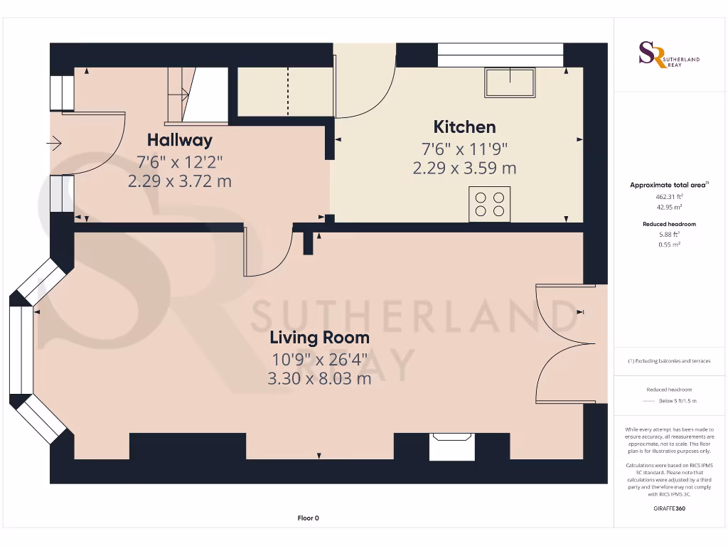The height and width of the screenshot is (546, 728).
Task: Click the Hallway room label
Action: [x=179, y=139]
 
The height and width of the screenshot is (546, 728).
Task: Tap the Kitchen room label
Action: [x=464, y=127]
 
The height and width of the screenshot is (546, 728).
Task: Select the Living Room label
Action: [x=318, y=337]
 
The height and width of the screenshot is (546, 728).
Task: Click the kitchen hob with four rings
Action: [x=489, y=204]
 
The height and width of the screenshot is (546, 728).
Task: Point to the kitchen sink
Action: [x=510, y=82]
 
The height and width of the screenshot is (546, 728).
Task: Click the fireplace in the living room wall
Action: [x=452, y=447]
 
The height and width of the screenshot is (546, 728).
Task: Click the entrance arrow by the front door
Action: [x=55, y=144]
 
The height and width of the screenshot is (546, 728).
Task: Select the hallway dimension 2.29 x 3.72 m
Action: [x=179, y=181]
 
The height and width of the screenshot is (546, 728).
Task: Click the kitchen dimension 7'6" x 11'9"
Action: [x=464, y=149]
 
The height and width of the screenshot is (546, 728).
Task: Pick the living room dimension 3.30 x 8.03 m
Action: [x=318, y=379]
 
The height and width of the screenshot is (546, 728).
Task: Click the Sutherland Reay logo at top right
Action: [x=668, y=55]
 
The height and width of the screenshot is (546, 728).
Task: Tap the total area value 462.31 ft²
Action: [x=668, y=196]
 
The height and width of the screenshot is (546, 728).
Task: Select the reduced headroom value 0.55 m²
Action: [x=668, y=244]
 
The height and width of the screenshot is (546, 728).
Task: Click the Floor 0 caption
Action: [x=308, y=518]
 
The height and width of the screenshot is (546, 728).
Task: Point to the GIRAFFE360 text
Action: [x=668, y=508]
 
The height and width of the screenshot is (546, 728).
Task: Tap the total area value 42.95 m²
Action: [x=668, y=207]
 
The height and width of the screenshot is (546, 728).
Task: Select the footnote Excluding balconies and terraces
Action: [x=668, y=361]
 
